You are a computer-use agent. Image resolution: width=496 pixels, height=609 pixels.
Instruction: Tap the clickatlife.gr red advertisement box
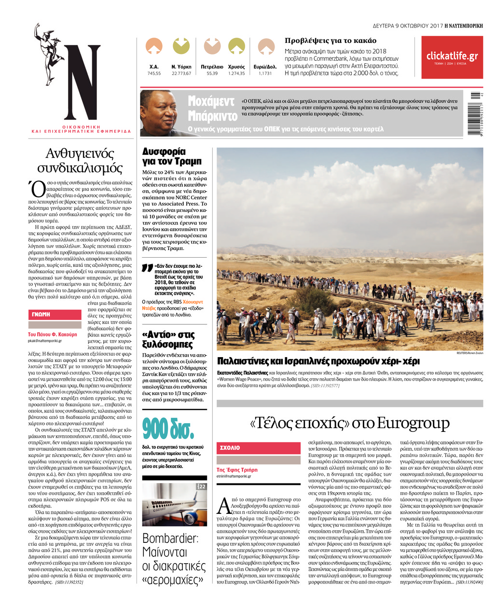[452, 57]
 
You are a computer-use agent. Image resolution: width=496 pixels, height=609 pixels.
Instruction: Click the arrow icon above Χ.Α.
[154, 46]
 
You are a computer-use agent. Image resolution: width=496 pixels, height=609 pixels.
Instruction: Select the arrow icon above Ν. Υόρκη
[181, 46]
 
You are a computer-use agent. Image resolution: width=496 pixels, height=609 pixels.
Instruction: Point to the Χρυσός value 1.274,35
[236, 73]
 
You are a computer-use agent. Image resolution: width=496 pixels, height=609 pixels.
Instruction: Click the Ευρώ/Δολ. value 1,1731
[265, 73]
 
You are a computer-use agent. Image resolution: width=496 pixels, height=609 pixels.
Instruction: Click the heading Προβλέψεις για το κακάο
[330, 41]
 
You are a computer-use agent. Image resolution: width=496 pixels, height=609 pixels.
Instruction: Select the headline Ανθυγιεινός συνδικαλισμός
[80, 161]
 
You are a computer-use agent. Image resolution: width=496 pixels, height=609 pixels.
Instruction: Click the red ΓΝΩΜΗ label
[54, 314]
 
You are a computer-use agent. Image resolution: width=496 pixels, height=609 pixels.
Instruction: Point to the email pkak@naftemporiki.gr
[45, 341]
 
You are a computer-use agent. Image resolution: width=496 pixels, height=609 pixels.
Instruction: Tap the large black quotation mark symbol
[147, 269]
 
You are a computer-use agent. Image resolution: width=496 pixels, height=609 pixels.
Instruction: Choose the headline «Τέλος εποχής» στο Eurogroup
[349, 423]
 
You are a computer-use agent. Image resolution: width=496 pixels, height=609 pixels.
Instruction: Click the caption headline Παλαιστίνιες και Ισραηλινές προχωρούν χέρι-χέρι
[318, 361]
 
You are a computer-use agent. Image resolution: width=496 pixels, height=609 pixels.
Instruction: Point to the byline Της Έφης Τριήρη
[237, 470]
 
